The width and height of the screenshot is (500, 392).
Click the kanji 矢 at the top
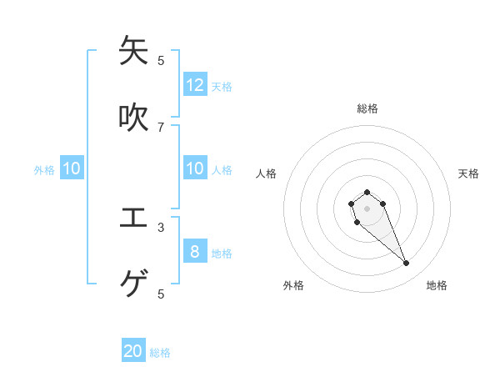pyautogui.click(x=133, y=51)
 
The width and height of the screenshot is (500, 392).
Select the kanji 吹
pyautogui.click(x=133, y=118)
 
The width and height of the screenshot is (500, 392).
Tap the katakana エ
pyautogui.click(x=133, y=218)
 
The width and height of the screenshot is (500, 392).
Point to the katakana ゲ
pyautogui.click(x=133, y=284)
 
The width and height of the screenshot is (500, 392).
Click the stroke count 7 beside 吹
pyautogui.click(x=161, y=127)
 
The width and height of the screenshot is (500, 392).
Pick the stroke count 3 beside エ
pyautogui.click(x=161, y=227)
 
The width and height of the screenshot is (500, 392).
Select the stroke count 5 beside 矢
pyautogui.click(x=161, y=60)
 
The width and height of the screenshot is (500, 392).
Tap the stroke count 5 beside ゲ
pyautogui.click(x=161, y=294)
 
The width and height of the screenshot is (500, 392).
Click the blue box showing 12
pyautogui.click(x=195, y=84)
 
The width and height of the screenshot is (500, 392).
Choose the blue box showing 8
pyautogui.click(x=195, y=251)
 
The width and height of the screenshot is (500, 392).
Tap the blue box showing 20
pyautogui.click(x=133, y=351)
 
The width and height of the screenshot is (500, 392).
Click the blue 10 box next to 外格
pyautogui.click(x=72, y=168)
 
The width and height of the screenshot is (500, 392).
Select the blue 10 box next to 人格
pyautogui.click(x=195, y=168)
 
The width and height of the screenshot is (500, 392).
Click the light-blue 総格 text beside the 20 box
pyautogui.click(x=160, y=353)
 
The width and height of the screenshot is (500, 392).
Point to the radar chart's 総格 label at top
pyautogui.click(x=367, y=108)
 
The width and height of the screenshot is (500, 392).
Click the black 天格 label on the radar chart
pyautogui.click(x=468, y=173)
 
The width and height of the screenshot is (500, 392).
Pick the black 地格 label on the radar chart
pyautogui.click(x=437, y=285)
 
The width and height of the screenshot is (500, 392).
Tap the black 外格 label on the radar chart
pyautogui.click(x=293, y=285)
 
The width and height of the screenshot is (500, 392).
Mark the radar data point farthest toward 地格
pyautogui.click(x=407, y=264)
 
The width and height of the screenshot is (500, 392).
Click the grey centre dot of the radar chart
pyautogui.click(x=367, y=208)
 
